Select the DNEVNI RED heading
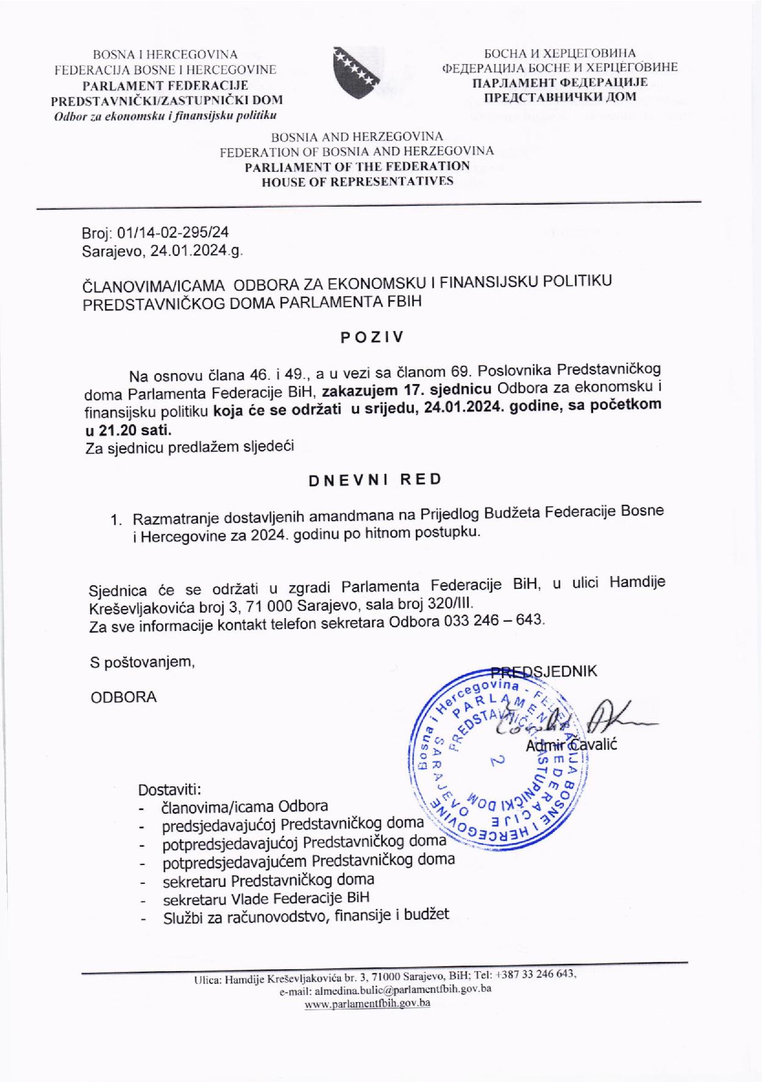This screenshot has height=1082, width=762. pos(375,479)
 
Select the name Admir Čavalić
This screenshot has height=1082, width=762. pos(571,746)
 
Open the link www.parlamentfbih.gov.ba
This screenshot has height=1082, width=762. pos(367,1003)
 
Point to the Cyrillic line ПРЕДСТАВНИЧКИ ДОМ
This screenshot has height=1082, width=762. pos(560,96)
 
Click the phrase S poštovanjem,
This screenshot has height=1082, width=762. pos(143,663)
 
